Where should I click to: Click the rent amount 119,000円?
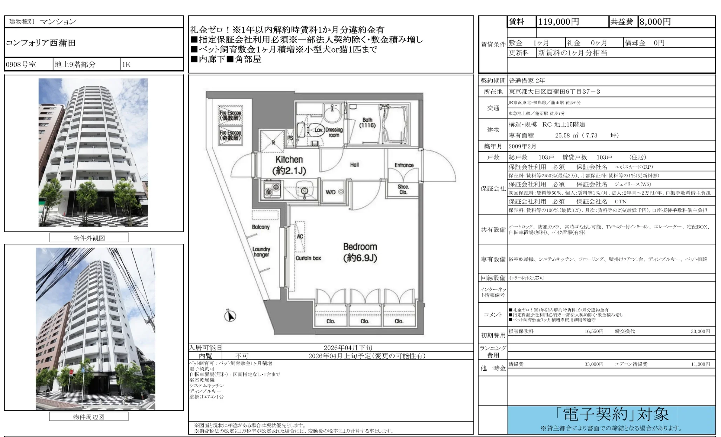click(x=558, y=22)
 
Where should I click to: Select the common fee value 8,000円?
click(x=655, y=22)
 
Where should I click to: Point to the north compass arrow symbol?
click(x=230, y=316)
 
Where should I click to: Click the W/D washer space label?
click(x=331, y=192)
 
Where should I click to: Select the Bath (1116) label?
click(x=367, y=123)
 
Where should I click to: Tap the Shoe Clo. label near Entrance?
click(x=403, y=189)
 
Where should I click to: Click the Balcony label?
click(x=261, y=227)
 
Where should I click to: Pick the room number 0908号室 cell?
click(x=21, y=65)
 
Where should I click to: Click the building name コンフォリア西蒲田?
click(x=41, y=43)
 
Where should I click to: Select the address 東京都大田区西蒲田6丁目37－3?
click(x=554, y=92)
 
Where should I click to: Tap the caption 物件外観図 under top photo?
click(x=89, y=238)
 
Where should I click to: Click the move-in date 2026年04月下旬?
click(x=348, y=348)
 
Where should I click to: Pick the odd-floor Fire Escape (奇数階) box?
click(x=230, y=135)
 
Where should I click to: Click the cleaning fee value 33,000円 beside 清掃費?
click(x=593, y=364)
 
